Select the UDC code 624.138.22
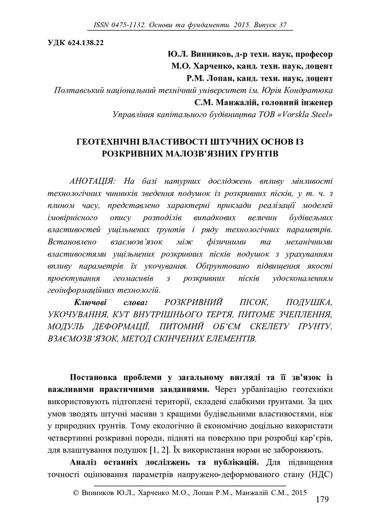[x=81, y=42]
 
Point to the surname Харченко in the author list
[x=211, y=66]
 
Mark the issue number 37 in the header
[x=283, y=25]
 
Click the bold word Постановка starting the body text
[x=95, y=377]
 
